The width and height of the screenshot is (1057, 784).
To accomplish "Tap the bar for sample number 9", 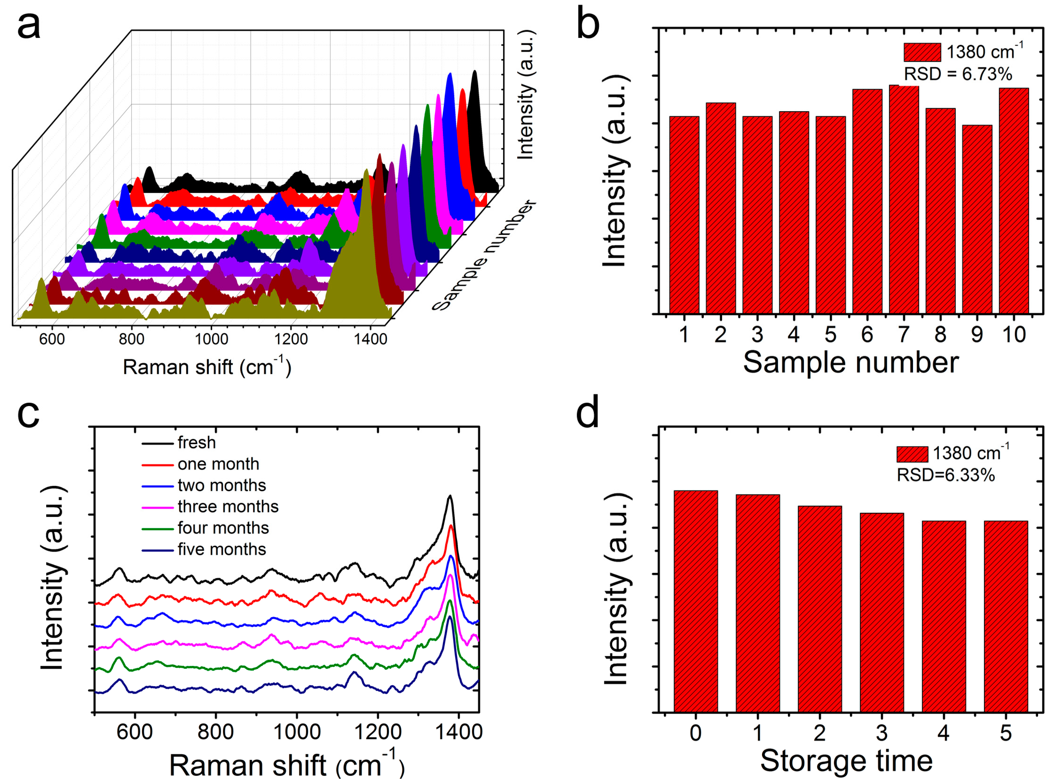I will (977, 218).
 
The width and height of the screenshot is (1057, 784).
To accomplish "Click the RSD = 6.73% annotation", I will (958, 75).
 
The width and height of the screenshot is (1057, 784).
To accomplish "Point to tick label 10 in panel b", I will (1014, 335).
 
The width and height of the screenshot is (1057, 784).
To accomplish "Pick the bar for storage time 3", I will (882, 612).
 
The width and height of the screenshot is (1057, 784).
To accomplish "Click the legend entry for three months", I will (228, 507).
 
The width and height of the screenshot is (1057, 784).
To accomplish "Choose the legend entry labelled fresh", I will (196, 442).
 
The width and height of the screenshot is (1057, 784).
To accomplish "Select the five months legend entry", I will (222, 549).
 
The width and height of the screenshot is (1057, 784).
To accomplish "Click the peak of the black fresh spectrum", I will (449, 496).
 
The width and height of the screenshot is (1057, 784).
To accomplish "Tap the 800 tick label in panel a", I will (132, 339).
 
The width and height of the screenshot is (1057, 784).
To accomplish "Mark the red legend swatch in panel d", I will (912, 454).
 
